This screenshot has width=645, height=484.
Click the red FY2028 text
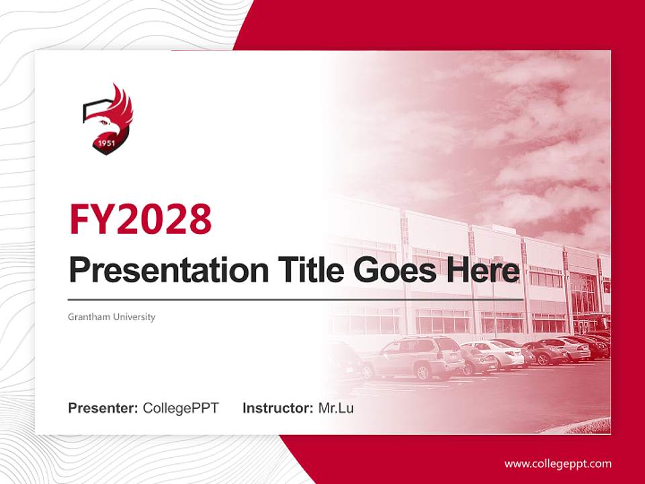tap(140, 218)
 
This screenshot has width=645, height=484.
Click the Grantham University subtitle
tap(112, 317)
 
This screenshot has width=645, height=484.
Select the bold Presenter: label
tap(103, 408)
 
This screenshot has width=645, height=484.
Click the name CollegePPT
tap(181, 408)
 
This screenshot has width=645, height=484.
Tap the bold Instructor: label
tap(277, 408)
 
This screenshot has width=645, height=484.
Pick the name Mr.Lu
tap(335, 408)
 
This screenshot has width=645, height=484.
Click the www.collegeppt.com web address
tap(558, 463)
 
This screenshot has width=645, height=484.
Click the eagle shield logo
tap(107, 119)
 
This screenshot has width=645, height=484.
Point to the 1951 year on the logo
tap(104, 143)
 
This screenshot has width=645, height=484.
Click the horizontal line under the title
tap(296, 299)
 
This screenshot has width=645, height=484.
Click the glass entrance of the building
tap(583, 296)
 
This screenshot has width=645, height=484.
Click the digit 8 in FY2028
tap(197, 218)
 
